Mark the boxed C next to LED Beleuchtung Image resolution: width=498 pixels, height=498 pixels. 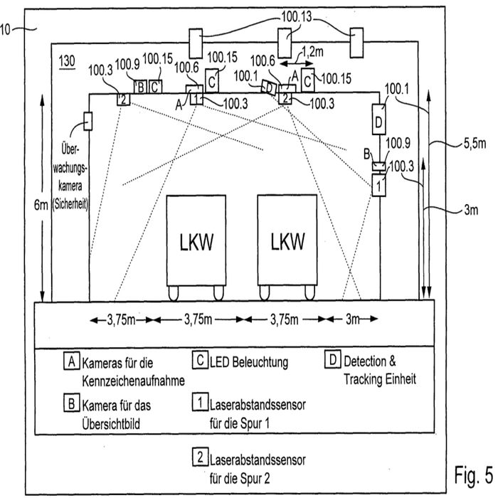coord(200,361)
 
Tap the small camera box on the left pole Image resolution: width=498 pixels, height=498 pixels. coord(88,122)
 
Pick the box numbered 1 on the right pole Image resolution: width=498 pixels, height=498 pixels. coord(380,186)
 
